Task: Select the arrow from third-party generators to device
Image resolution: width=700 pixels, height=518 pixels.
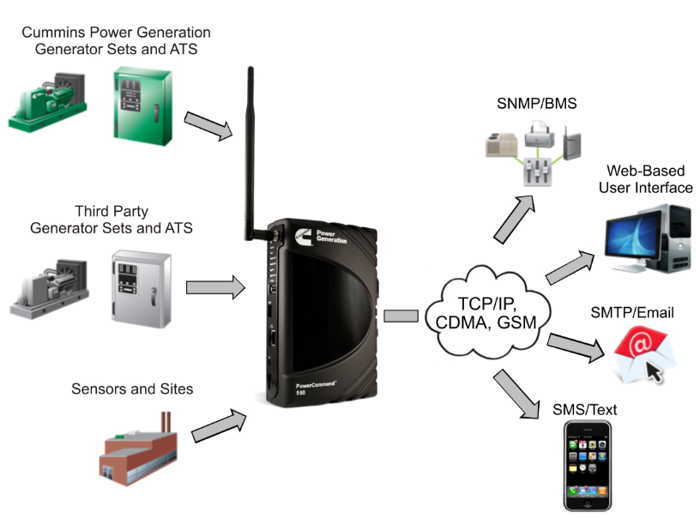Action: click(215, 286)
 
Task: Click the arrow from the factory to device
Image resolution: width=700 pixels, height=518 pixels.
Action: click(219, 424)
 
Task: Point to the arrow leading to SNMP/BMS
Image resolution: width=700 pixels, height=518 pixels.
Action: click(516, 219)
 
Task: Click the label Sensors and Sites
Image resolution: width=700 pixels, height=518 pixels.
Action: click(132, 389)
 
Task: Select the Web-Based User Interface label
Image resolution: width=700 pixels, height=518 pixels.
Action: click(649, 179)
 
